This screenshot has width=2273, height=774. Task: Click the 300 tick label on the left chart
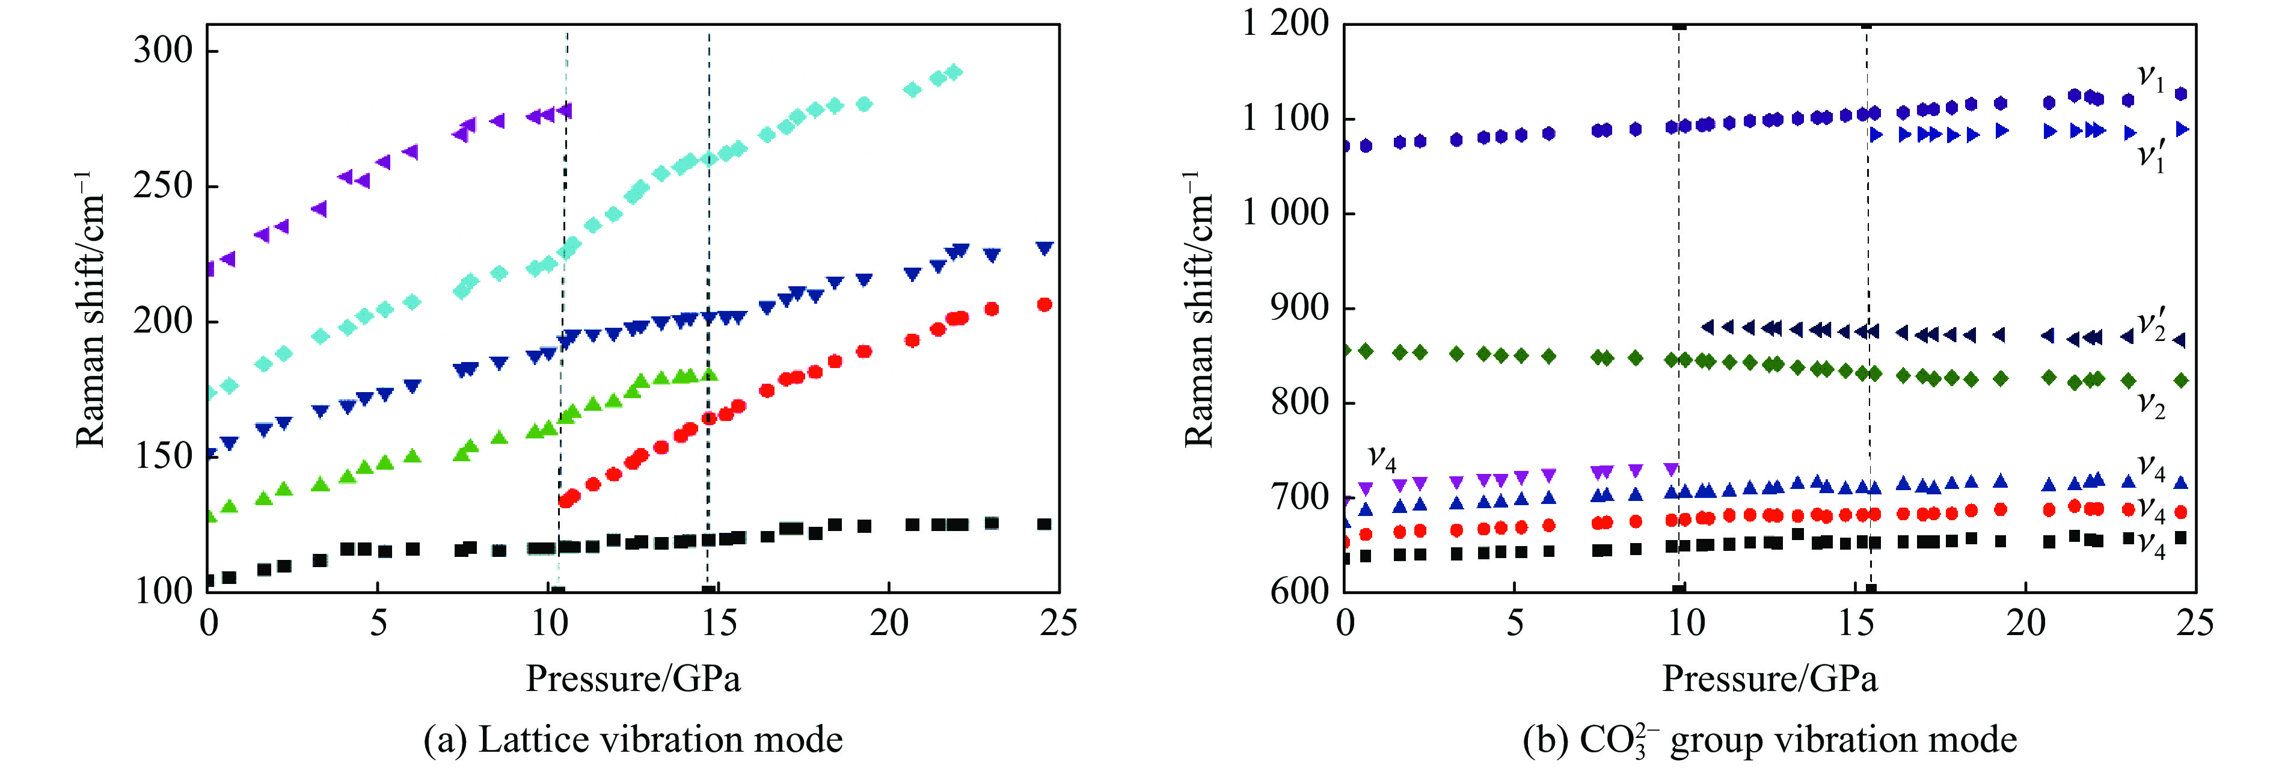162,51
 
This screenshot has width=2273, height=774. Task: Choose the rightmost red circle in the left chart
1044,304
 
